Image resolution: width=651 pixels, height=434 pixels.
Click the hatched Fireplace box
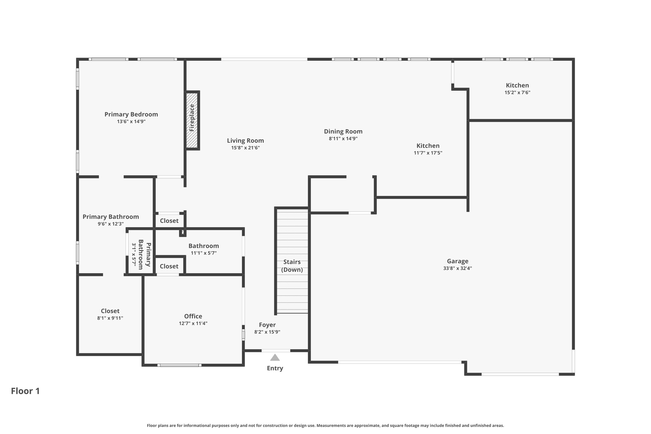[x=192, y=120]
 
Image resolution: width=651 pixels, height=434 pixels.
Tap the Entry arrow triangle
[x=275, y=358]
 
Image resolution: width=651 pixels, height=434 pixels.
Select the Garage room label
[x=457, y=261]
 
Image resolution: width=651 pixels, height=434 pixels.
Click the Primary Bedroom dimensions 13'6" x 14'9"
[x=131, y=121]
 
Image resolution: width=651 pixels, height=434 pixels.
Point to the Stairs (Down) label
[x=292, y=266]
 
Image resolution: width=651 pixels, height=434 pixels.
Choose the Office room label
[x=193, y=316]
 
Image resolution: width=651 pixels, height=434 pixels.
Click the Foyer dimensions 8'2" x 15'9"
[x=267, y=332]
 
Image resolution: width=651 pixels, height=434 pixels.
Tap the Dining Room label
[x=343, y=131]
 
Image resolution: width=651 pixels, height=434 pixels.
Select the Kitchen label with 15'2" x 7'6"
[x=517, y=85]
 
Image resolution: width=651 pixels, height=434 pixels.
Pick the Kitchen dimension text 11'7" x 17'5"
[x=428, y=153]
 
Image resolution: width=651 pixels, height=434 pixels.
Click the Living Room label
[x=245, y=141]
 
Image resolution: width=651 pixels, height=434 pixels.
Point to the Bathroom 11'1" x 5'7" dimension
[x=203, y=253]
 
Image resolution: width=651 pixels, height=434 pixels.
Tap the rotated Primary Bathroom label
[x=144, y=254]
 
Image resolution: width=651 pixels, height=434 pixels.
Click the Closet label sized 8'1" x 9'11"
[x=110, y=311]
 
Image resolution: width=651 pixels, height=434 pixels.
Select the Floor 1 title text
[x=25, y=391]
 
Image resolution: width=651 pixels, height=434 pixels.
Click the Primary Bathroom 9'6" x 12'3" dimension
[x=111, y=224]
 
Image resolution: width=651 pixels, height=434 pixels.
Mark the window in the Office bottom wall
[x=179, y=365]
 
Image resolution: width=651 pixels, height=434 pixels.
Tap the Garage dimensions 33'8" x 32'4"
[x=457, y=268]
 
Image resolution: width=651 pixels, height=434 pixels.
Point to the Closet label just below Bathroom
[x=169, y=266]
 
